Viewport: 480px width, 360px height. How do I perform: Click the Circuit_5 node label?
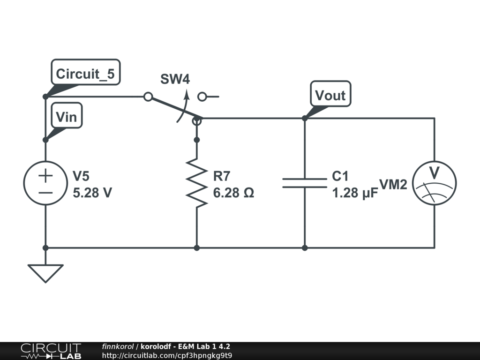[x=85, y=74]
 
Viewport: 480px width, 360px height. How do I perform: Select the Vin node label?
[x=66, y=116]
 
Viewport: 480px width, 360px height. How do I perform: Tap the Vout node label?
[x=330, y=95]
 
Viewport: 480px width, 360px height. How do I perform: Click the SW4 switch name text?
[x=175, y=79]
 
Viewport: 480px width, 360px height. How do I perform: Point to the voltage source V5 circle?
[x=45, y=183]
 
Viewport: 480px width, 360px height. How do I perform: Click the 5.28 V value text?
[x=92, y=193]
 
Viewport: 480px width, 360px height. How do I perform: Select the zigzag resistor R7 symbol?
[x=197, y=183]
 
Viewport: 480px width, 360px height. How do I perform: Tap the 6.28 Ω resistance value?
[x=233, y=193]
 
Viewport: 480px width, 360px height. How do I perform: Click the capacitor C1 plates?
[x=304, y=183]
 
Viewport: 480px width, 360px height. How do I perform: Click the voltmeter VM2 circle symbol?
[x=434, y=183]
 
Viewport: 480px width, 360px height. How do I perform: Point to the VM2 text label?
[x=393, y=185]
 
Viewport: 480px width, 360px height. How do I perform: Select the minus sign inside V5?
[x=45, y=192]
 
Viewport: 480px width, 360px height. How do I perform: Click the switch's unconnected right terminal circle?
[x=202, y=97]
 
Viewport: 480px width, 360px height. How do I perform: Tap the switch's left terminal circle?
[x=148, y=97]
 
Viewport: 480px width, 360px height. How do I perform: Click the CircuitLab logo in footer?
[x=50, y=351]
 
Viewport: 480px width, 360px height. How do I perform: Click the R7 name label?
[x=222, y=176]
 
